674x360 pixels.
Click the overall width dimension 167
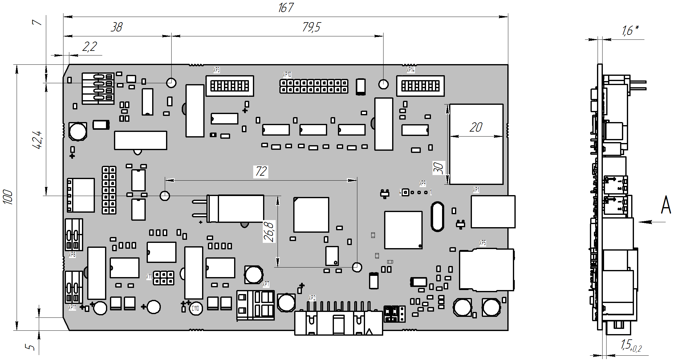286,8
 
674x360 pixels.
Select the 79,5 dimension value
311,27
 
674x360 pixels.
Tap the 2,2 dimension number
89,47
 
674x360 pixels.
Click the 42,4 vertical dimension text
37,140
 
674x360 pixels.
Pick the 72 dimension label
261,171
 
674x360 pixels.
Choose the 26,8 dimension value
269,231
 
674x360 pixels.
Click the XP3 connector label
217,70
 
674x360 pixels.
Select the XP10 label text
287,75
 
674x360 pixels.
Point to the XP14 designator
411,70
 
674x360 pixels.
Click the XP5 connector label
482,243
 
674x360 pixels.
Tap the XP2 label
312,298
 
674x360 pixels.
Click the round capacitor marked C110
196,308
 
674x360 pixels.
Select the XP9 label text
422,183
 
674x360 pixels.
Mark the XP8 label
72,255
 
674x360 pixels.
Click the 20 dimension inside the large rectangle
476,127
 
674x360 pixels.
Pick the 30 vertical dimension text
439,168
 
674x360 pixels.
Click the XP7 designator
266,284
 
